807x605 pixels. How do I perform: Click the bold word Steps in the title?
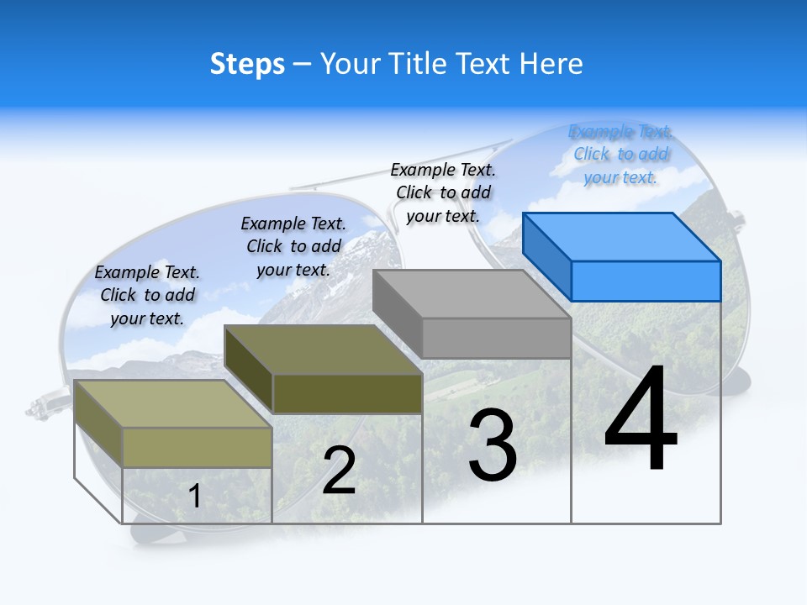click(247, 64)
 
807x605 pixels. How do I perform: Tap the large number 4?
click(641, 420)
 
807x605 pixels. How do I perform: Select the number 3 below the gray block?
click(493, 445)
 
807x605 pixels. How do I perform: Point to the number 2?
click(339, 471)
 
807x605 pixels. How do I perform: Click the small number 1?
click(195, 496)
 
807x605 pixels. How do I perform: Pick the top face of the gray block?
click(472, 293)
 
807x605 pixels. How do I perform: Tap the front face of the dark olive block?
click(347, 393)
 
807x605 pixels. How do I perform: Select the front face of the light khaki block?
click(197, 446)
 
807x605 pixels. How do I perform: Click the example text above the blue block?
click(620, 155)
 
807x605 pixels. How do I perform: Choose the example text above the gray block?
click(443, 192)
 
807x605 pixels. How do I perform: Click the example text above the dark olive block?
click(293, 246)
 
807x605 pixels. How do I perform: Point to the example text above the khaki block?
click(147, 295)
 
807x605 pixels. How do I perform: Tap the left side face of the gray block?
click(397, 313)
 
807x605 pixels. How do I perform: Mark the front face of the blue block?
click(646, 281)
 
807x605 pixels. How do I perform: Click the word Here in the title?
click(551, 64)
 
